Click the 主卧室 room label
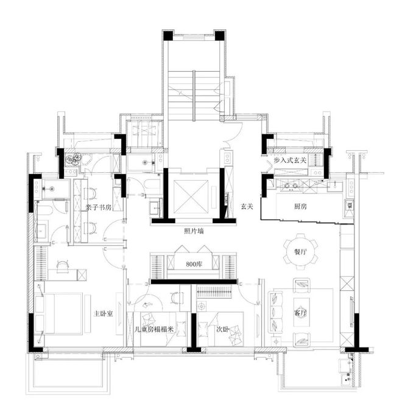(104, 313)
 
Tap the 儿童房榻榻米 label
(154, 329)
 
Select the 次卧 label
(222, 329)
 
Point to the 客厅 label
(300, 313)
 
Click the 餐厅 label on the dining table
(300, 252)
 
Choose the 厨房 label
(300, 206)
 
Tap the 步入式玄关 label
(291, 160)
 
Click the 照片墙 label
(194, 231)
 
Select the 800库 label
(194, 264)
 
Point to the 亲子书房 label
(99, 208)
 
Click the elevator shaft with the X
(191, 197)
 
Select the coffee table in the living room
(301, 312)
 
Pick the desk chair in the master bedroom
(63, 265)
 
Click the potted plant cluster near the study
(73, 159)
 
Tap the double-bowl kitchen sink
(291, 186)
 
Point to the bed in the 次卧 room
(221, 329)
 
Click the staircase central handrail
(194, 96)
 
